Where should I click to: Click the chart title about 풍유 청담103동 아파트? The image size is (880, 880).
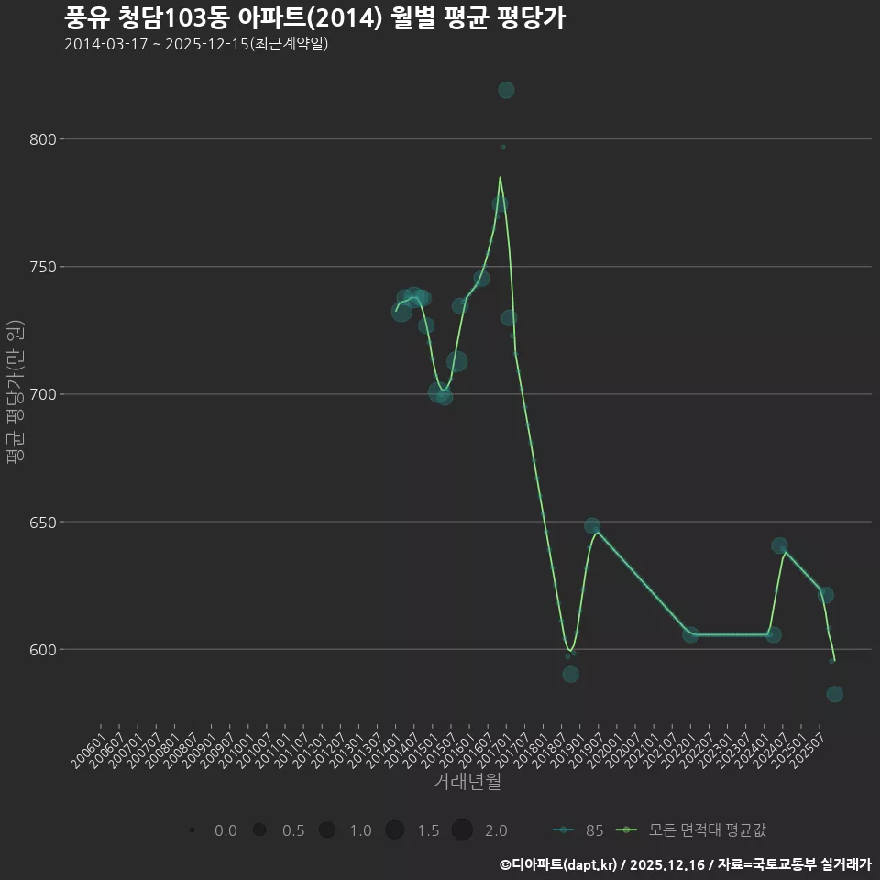coord(314,18)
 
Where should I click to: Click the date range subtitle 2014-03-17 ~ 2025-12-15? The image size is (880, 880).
coord(196,44)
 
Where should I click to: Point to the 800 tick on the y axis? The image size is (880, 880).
coord(43,139)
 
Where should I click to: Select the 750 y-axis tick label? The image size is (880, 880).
coord(43,267)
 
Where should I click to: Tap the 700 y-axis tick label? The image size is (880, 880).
coord(43,394)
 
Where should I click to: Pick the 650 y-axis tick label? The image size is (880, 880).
coord(43,522)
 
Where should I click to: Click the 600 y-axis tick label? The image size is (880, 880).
coord(43,649)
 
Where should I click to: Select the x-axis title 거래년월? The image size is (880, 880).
coord(467,782)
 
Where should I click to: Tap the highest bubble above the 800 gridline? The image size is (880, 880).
coord(506,90)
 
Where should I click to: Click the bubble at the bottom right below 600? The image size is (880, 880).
coord(834,694)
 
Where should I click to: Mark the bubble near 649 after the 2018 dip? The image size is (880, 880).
coord(592,526)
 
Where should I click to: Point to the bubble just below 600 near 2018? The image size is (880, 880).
coord(570,674)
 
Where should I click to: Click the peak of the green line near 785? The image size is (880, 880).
coord(500,177)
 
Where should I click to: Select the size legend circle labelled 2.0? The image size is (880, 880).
coord(462,830)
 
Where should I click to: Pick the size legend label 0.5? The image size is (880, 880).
coord(293,830)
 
